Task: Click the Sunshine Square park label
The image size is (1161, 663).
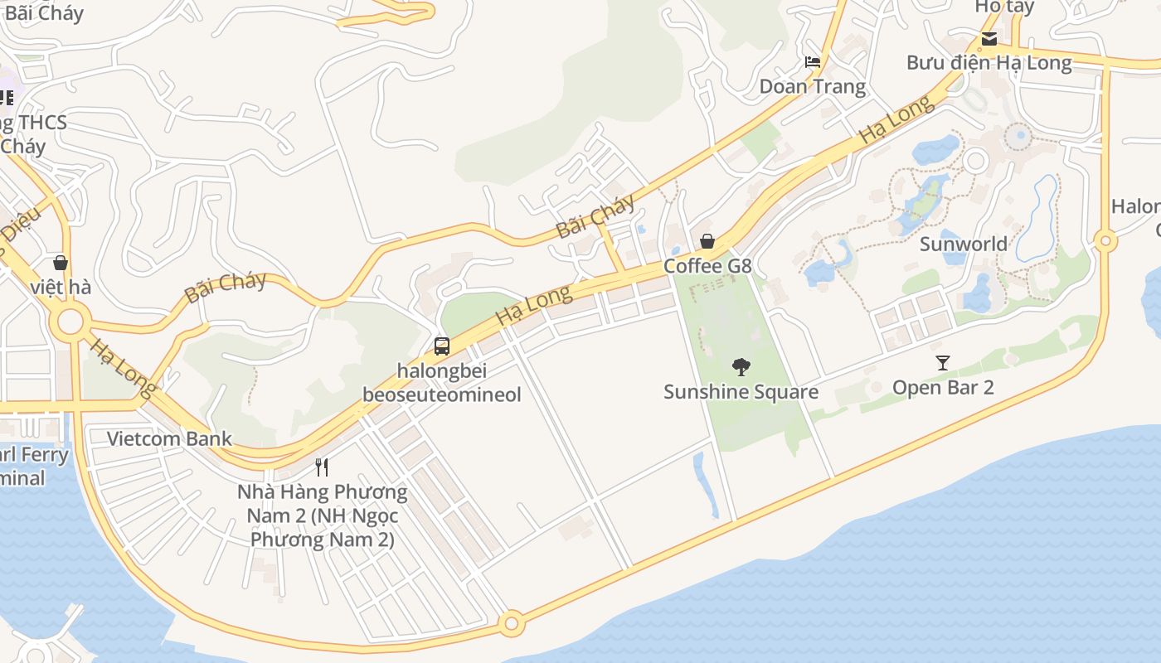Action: point(741,392)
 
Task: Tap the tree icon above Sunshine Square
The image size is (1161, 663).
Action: point(741,366)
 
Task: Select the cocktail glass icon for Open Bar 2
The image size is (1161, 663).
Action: point(942,362)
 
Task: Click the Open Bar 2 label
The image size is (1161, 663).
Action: point(942,387)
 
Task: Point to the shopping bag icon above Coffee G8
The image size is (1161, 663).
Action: point(707,241)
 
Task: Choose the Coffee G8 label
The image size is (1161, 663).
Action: point(707,266)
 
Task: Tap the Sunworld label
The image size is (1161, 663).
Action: point(963,244)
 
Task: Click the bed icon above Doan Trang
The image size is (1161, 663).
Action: point(813,62)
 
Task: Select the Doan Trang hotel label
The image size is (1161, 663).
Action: point(812,86)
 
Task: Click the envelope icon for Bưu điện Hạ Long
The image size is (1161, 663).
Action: point(989,38)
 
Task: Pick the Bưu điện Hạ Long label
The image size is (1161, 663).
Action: point(989,62)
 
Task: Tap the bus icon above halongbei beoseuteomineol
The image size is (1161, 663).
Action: point(442,346)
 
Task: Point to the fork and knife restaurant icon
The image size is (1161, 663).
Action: point(323,467)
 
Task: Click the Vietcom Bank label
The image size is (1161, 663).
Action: point(169,438)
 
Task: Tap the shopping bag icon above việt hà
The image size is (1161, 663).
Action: point(61,263)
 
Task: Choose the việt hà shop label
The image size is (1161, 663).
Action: point(61,288)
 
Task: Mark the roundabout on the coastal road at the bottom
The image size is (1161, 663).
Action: point(512,622)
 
